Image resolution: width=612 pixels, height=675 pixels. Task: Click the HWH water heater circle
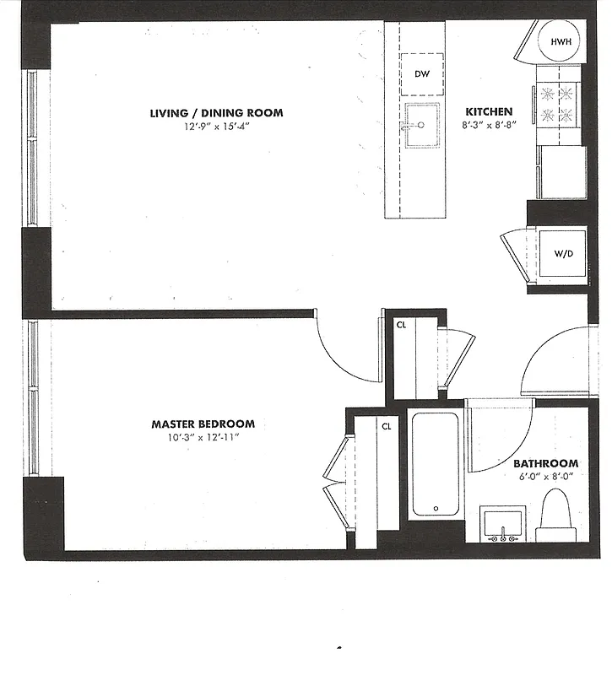pyautogui.click(x=561, y=42)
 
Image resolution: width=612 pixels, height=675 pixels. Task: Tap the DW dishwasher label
pyautogui.click(x=422, y=74)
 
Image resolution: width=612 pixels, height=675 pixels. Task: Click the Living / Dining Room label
pyautogui.click(x=216, y=113)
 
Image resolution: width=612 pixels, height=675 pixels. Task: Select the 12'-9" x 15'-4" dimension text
pyautogui.click(x=216, y=127)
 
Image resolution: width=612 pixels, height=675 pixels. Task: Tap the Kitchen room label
pyautogui.click(x=489, y=111)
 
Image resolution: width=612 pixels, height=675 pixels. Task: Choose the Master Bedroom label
pyautogui.click(x=203, y=424)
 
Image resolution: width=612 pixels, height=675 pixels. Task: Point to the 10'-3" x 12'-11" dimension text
pyautogui.click(x=203, y=439)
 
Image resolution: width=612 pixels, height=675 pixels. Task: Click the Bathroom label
pyautogui.click(x=546, y=463)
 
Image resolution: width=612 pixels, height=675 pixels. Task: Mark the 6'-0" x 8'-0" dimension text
pyautogui.click(x=546, y=478)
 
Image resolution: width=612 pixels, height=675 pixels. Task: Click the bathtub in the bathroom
pyautogui.click(x=436, y=465)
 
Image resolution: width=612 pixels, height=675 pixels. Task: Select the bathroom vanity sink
pyautogui.click(x=503, y=524)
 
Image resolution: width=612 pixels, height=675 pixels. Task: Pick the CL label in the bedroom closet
pyautogui.click(x=387, y=427)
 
